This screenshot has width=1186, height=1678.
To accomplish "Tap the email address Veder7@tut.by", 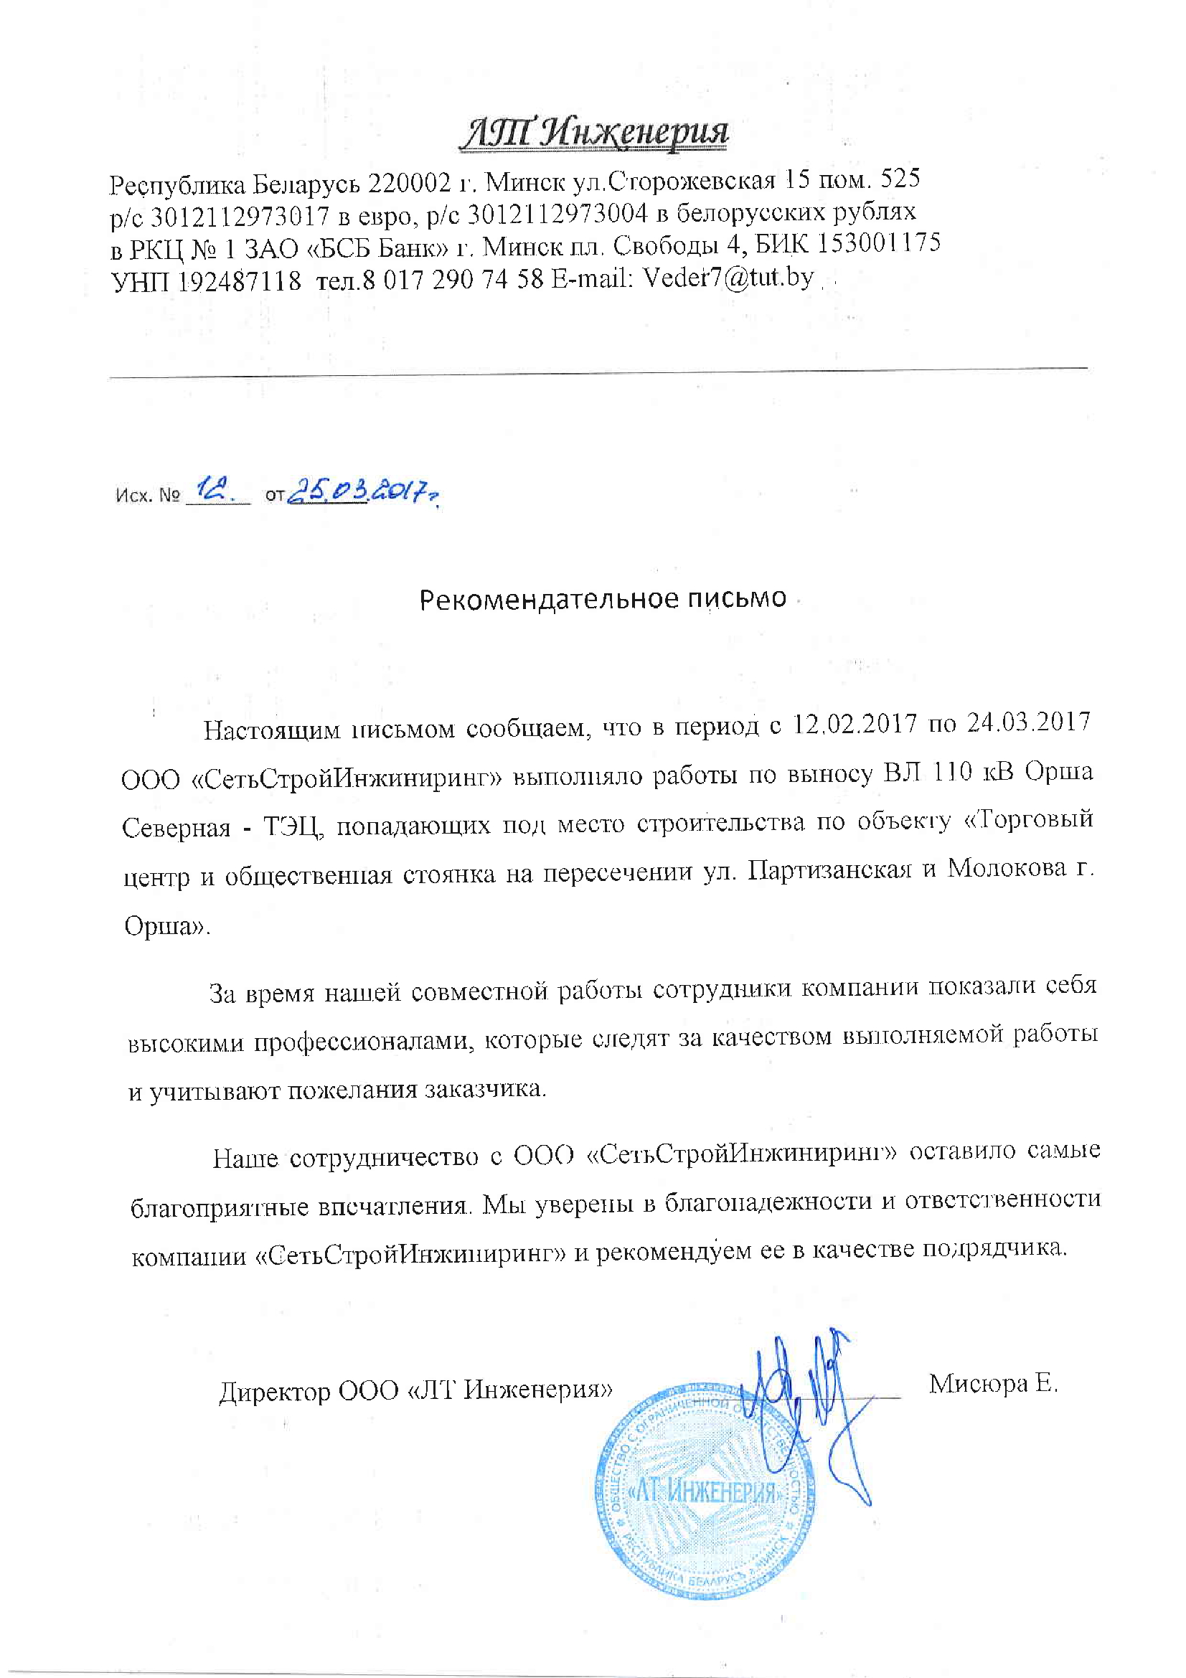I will pos(727,278).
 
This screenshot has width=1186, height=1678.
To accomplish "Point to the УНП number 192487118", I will pos(240,281).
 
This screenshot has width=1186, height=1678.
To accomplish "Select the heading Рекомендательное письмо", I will pos(603,598).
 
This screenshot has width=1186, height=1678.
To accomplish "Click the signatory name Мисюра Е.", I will pos(993,1382).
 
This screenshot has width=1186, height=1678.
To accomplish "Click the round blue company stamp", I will pos(705,1491).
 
